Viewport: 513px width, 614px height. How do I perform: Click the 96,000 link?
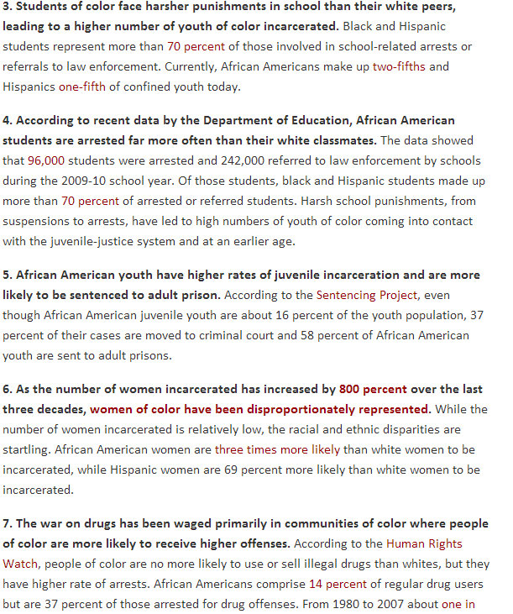(x=46, y=160)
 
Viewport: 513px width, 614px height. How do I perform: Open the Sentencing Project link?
(x=361, y=296)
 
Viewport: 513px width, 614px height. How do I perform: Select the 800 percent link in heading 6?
(x=373, y=390)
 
